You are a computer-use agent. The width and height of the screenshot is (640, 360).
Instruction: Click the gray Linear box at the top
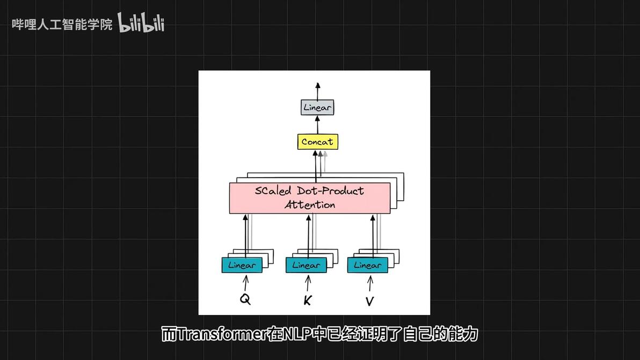click(x=317, y=107)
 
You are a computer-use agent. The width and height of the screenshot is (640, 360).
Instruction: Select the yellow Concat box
click(x=317, y=142)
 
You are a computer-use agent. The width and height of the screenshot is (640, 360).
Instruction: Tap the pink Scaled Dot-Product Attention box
click(x=310, y=198)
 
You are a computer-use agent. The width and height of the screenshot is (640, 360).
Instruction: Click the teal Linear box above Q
click(x=242, y=265)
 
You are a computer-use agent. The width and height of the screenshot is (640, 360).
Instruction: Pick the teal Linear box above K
click(x=306, y=265)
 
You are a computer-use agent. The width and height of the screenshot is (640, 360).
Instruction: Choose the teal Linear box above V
click(x=368, y=265)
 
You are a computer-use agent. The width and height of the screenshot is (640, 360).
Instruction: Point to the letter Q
click(x=245, y=299)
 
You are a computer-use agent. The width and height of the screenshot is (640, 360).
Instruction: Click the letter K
click(x=307, y=300)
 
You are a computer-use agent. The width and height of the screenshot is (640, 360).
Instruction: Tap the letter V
click(x=369, y=302)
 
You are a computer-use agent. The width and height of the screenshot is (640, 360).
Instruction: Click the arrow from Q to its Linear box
click(x=246, y=283)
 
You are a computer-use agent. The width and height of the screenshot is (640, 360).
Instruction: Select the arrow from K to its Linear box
click(x=308, y=283)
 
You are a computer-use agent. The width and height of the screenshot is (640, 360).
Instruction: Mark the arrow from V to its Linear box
click(x=370, y=283)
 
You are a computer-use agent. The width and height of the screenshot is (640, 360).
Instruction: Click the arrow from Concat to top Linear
click(x=317, y=124)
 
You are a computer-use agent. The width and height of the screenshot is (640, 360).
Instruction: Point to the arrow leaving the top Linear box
click(x=317, y=91)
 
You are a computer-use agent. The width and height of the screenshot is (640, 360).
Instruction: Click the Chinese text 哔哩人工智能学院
click(x=62, y=25)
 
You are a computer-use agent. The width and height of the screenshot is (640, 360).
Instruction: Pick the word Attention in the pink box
click(x=310, y=204)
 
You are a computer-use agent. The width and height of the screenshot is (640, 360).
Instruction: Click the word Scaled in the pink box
click(x=273, y=190)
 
